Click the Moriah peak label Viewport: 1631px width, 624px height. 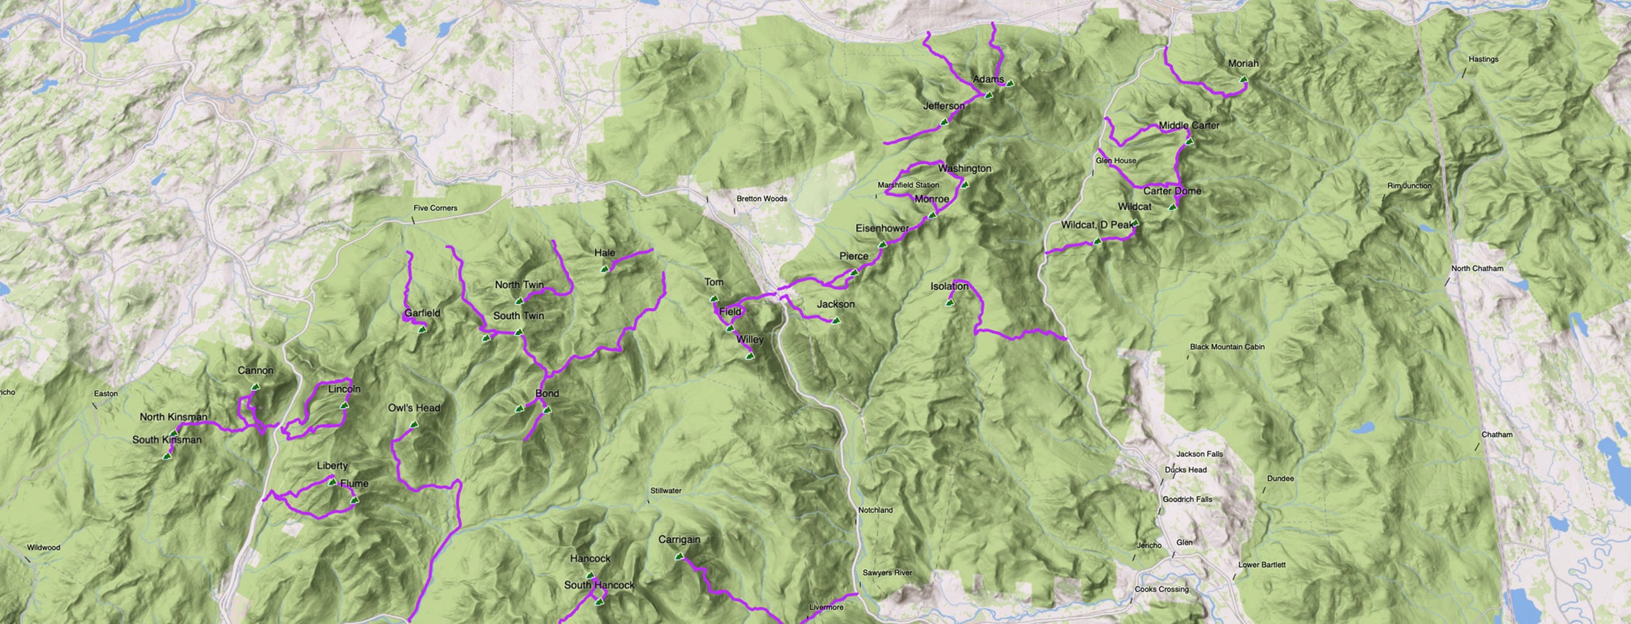coord(1243,64)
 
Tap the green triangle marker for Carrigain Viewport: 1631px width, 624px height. coord(679,556)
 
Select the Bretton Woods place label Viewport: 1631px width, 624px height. coord(761,199)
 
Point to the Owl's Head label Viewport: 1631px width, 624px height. coord(414,408)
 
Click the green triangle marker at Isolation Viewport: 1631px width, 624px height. coord(949,303)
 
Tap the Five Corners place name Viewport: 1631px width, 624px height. coord(435,208)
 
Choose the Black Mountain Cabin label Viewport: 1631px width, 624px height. coord(1227,347)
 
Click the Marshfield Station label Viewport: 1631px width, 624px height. coord(908,185)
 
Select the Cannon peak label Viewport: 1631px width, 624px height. coord(255,371)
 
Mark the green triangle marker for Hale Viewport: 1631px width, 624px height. coord(605,269)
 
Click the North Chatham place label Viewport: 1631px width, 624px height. coord(1477,269)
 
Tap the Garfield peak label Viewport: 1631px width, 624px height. coord(422,313)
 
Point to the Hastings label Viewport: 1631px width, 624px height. coord(1483,59)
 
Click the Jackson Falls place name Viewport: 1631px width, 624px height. coord(1199,454)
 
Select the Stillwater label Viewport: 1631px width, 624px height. coord(666,491)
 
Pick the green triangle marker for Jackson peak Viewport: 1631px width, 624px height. coord(836,321)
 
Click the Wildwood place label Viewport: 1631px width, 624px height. coord(43,548)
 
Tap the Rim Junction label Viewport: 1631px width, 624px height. coord(1409,186)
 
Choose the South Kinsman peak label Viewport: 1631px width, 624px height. coord(167,440)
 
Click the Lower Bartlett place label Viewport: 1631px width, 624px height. coord(1261,565)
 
